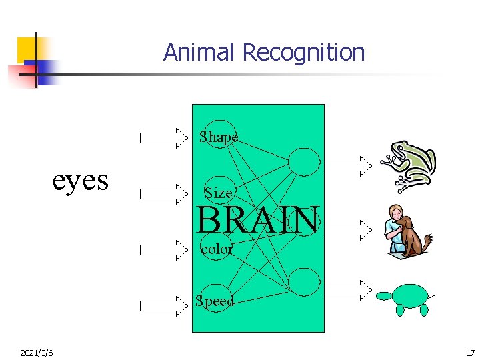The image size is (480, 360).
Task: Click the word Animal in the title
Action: [200, 52]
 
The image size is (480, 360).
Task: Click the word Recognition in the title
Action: [303, 52]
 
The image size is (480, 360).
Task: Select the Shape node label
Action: [219, 137]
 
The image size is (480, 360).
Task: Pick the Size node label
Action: [219, 193]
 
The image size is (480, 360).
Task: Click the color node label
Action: [217, 249]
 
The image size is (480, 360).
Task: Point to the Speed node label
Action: [215, 301]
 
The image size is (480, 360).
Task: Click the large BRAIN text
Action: [257, 220]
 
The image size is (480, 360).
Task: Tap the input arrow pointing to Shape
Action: [164, 137]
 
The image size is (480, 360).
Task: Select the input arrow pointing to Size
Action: [164, 193]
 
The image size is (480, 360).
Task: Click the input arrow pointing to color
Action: [164, 249]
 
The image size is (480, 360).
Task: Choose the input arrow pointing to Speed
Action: [164, 305]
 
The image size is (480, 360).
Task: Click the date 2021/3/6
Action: [37, 351]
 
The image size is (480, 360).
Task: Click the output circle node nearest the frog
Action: [304, 161]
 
